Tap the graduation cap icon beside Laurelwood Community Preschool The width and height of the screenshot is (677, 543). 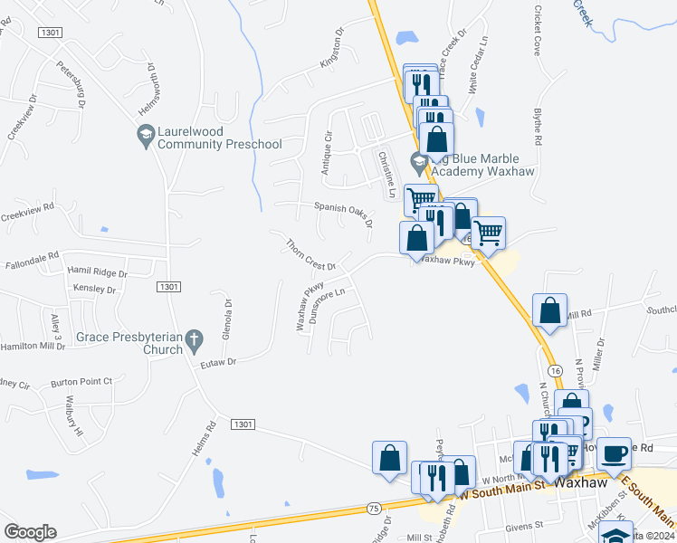click(144, 137)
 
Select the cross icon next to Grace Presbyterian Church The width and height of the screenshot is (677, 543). click(194, 342)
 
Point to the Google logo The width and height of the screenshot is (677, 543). click(30, 532)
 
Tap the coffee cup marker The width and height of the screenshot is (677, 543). click(615, 452)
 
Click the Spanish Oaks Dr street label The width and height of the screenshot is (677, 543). click(343, 214)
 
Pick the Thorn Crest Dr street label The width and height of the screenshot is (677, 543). click(310, 255)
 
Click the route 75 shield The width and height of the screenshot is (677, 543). click(374, 510)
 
